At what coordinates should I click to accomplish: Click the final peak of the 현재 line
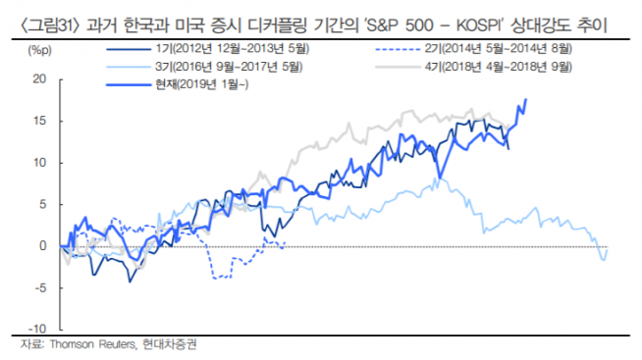[x=527, y=99]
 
